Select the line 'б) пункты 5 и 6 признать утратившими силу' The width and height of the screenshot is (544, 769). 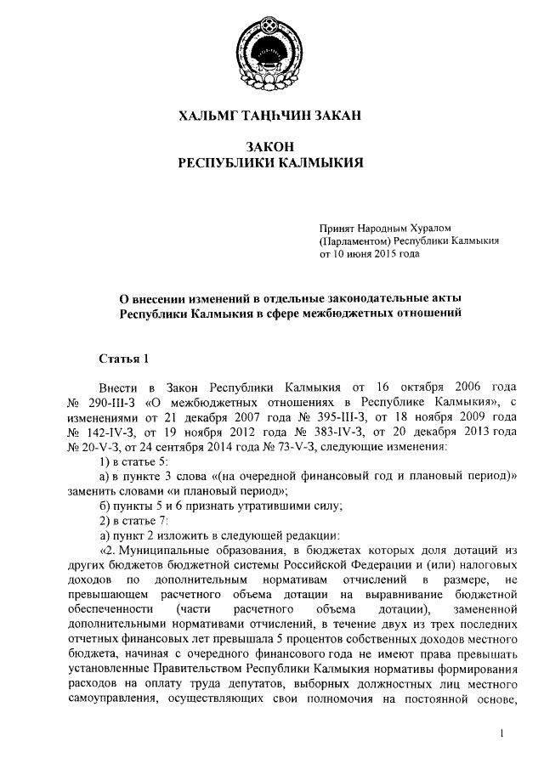pyautogui.click(x=221, y=504)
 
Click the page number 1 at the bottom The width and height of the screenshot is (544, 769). pyautogui.click(x=503, y=732)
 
